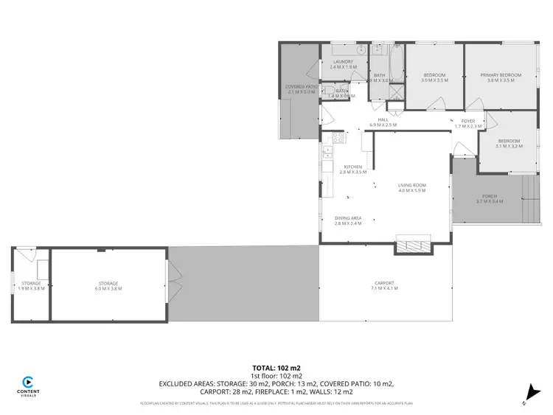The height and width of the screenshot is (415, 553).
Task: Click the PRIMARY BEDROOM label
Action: tap(501, 75)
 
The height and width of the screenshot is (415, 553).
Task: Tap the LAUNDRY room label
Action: tap(344, 62)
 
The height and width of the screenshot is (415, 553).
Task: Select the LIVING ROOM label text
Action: tap(412, 186)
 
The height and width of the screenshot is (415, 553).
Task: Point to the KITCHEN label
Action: tap(352, 167)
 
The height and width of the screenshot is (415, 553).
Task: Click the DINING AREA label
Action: tap(348, 218)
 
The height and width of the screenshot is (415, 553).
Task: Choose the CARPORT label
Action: tap(384, 283)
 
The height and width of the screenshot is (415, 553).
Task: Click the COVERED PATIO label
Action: tap(300, 87)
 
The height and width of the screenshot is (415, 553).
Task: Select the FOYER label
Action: tap(468, 121)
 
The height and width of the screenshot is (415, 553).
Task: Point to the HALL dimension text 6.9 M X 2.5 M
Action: tap(383, 125)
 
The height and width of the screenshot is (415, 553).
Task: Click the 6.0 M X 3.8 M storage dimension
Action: tap(108, 288)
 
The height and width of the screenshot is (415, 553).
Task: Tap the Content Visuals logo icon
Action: tap(28, 383)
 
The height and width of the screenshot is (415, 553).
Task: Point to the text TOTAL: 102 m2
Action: tap(276, 367)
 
